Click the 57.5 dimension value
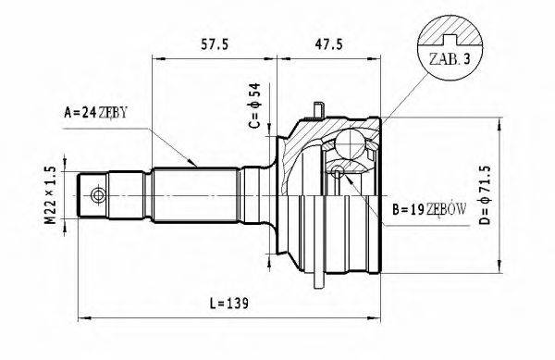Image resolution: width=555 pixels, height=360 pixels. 215,43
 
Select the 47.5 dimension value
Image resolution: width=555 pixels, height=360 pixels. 329,43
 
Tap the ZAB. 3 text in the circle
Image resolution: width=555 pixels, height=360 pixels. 448,60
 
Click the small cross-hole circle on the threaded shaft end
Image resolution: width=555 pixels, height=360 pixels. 96,195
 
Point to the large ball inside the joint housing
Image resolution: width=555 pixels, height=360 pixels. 351,143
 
